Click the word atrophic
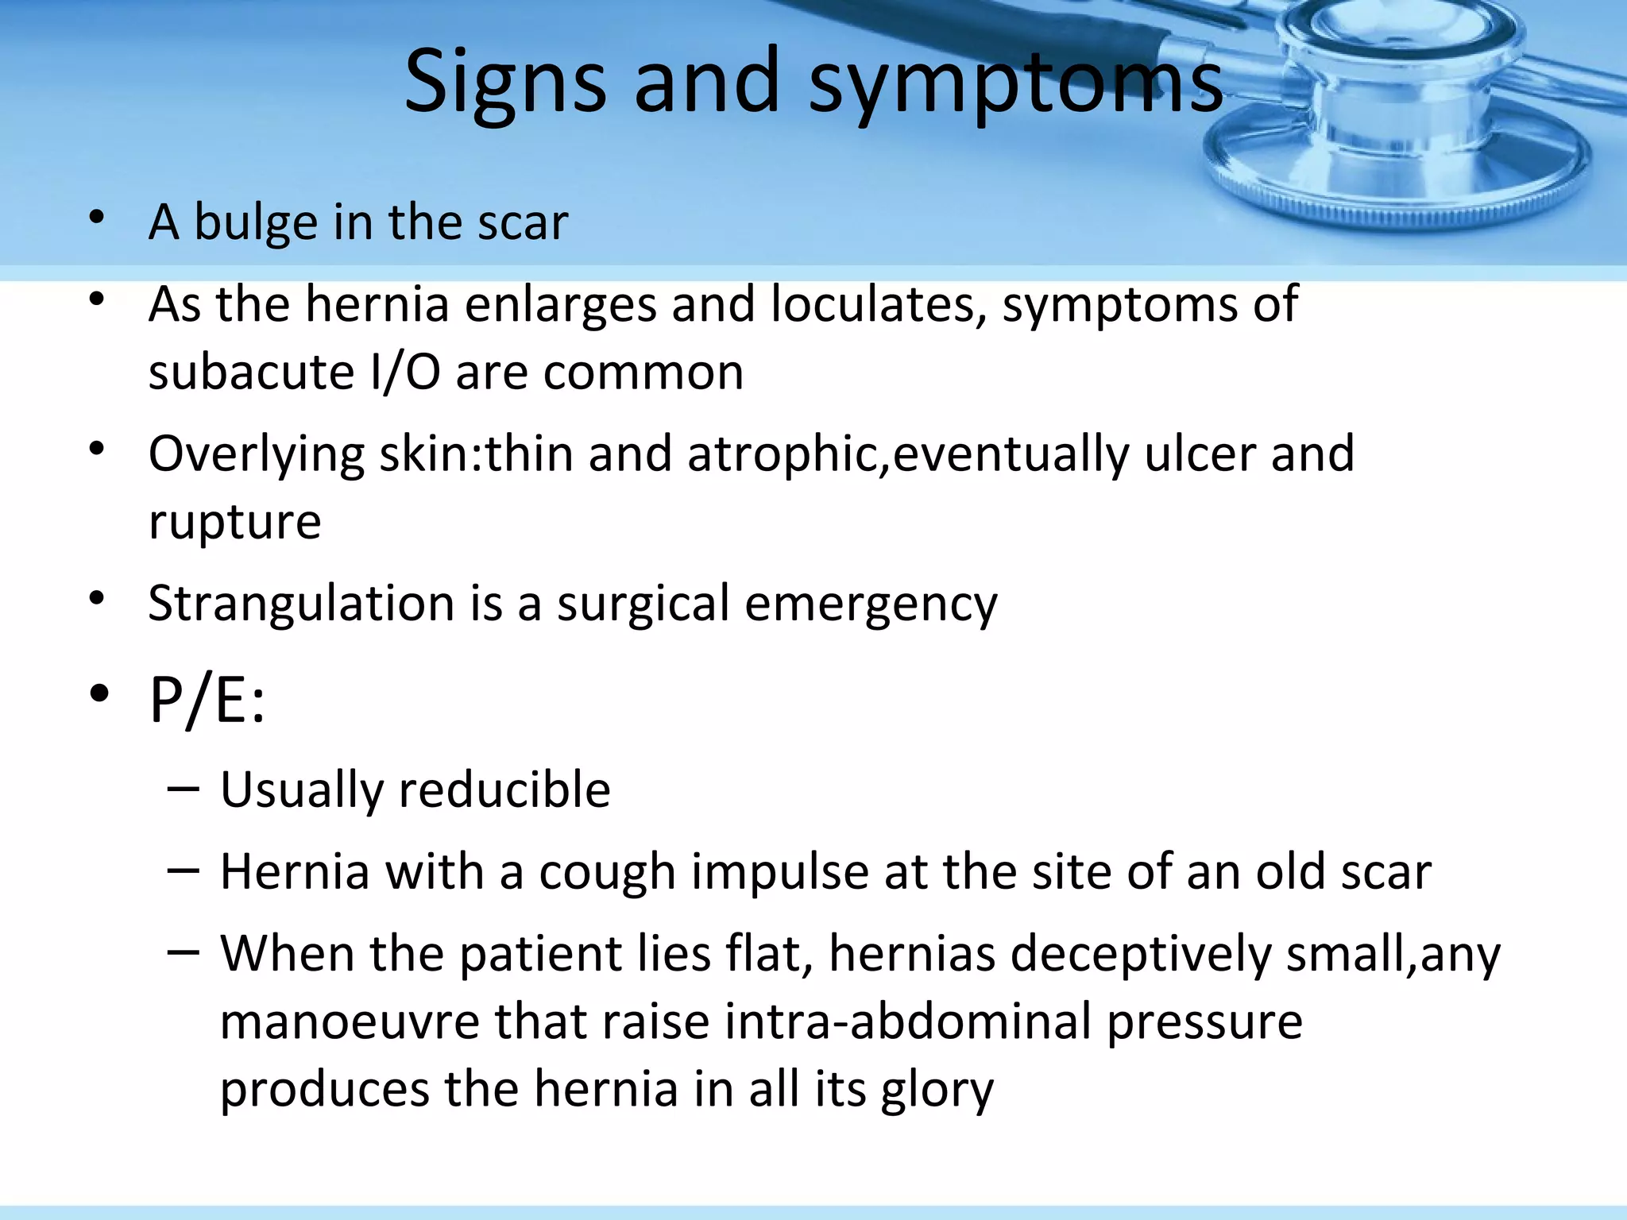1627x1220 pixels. pyautogui.click(x=787, y=454)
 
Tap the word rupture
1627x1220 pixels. pyautogui.click(x=235, y=523)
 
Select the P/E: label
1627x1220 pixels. pyautogui.click(x=207, y=701)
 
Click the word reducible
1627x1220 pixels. pyautogui.click(x=504, y=790)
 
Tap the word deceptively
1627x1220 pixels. pyautogui.click(x=1141, y=954)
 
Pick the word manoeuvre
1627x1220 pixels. pyautogui.click(x=350, y=1021)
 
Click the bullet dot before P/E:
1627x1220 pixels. pyautogui.click(x=99, y=693)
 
